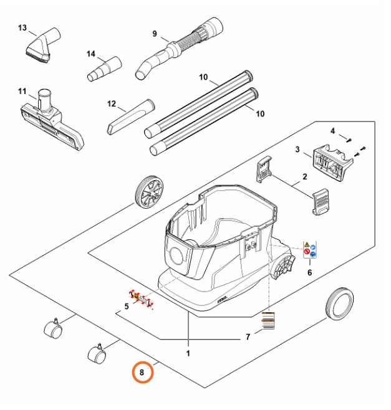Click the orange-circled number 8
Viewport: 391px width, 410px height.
coord(142,372)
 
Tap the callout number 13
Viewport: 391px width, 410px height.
coord(22,27)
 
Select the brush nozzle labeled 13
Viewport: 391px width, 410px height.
coord(43,45)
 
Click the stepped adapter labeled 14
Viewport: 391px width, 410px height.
coord(104,69)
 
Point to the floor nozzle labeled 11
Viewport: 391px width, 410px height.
coord(52,120)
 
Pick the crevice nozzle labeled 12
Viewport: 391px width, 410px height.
coord(131,117)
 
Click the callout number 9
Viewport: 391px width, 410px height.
coord(155,34)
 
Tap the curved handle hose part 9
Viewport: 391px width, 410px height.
coord(179,48)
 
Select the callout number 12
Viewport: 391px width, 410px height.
coord(112,104)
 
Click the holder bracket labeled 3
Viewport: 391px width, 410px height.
coord(332,163)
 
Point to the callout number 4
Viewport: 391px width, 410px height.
coord(332,131)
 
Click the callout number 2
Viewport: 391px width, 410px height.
coord(305,176)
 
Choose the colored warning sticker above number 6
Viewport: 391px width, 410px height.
coord(310,250)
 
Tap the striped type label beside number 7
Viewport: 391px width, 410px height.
coord(268,320)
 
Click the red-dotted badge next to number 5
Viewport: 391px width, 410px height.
coord(142,299)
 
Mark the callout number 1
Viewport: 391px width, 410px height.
coord(188,353)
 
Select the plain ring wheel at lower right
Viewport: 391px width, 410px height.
coord(339,304)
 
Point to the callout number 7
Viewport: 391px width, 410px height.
coord(248,336)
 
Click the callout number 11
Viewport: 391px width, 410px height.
coord(22,91)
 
